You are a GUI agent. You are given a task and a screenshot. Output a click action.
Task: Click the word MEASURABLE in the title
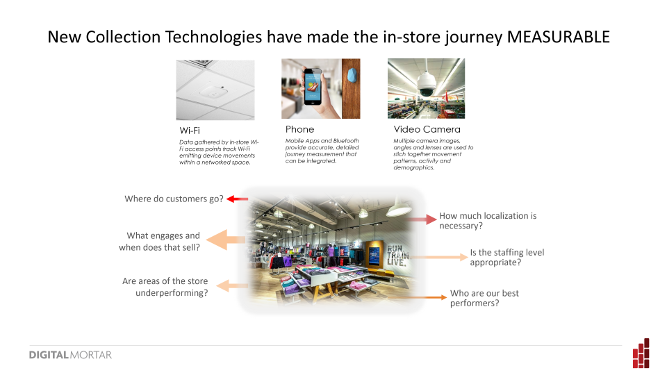tap(558, 37)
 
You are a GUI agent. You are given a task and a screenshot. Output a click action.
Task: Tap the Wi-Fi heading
tap(190, 131)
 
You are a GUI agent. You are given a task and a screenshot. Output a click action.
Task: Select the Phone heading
tap(300, 129)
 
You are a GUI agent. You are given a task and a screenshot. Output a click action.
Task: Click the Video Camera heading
tap(427, 129)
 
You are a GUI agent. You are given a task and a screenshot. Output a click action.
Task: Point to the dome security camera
tap(426, 84)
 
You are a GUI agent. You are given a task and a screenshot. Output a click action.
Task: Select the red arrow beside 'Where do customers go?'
tap(238, 199)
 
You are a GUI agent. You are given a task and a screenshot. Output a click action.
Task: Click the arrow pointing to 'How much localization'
tap(420, 219)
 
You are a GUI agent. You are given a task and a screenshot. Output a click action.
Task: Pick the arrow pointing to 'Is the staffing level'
tap(439, 257)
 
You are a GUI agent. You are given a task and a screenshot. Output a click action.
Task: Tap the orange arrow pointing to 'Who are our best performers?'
tap(417, 297)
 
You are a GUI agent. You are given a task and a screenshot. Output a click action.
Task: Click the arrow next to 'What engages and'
tap(226, 240)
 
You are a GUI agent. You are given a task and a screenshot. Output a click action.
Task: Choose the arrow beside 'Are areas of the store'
tap(232, 285)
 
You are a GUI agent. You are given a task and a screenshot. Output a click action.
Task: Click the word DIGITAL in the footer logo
tap(49, 355)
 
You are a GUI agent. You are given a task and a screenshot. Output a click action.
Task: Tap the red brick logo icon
tap(641, 353)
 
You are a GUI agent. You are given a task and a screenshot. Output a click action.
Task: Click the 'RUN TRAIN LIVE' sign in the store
tap(397, 255)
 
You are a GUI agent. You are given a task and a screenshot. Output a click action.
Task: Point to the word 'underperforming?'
tap(172, 293)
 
